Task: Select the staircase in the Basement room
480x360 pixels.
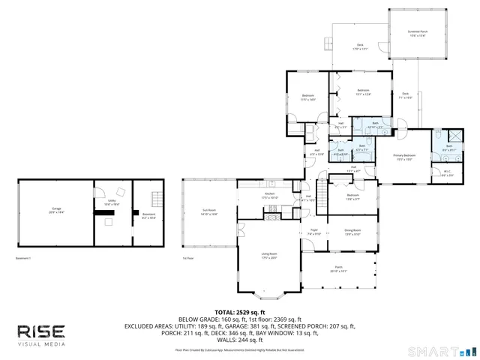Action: click(156, 200)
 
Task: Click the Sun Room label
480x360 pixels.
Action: click(208, 211)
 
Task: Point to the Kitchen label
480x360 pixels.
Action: click(269, 196)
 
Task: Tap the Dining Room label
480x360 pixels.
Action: click(352, 232)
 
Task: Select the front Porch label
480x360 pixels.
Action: click(337, 268)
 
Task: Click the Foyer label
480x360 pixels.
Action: click(315, 232)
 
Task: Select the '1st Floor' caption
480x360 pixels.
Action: click(187, 257)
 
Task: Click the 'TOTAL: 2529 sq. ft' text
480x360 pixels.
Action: click(240, 311)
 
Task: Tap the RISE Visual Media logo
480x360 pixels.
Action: click(41, 334)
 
